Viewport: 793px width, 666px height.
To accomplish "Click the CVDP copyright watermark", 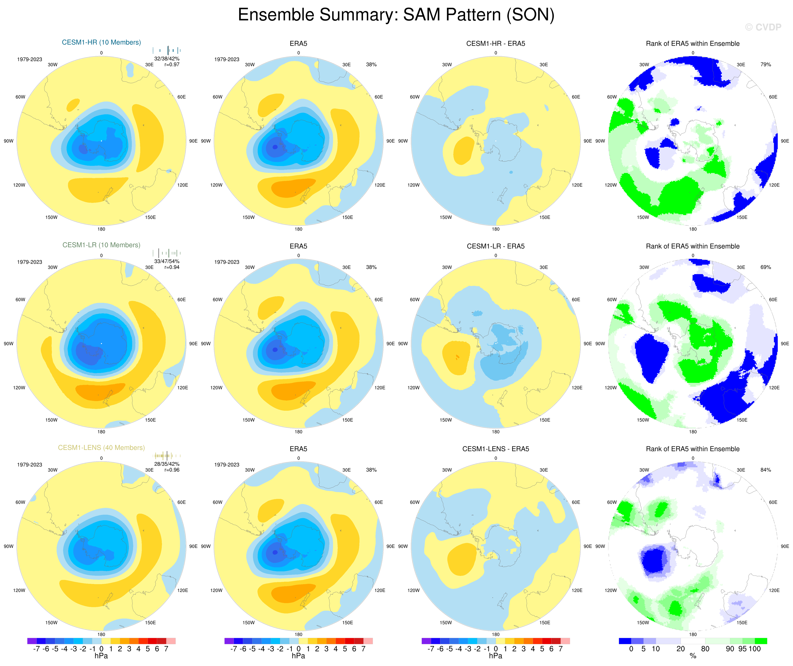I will (763, 27).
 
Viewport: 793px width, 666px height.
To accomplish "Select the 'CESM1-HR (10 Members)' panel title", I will (101, 42).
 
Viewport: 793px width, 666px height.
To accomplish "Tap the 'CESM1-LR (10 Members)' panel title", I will (101, 245).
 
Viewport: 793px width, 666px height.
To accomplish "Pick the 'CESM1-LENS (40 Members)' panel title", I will (101, 448).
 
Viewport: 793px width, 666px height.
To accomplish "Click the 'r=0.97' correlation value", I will (172, 65).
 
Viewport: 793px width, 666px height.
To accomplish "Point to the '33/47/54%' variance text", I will (167, 261).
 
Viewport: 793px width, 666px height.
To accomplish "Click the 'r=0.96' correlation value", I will (172, 470).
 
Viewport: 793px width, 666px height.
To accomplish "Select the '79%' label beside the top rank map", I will (765, 65).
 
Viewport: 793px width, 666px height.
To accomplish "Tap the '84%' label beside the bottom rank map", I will (765, 470).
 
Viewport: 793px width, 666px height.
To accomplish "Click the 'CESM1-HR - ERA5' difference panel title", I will (495, 43).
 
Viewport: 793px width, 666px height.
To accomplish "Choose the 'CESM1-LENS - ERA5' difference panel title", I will (495, 449).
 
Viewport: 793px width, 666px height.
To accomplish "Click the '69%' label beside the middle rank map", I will (765, 267).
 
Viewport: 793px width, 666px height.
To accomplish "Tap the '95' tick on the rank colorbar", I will (742, 649).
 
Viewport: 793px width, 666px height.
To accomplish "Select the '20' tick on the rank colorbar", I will (681, 649).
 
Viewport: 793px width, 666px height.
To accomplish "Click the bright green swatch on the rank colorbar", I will (761, 641).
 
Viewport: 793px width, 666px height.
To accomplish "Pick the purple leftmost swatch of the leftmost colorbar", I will (32, 641).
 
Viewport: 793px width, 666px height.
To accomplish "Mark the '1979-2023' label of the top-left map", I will (29, 59).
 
